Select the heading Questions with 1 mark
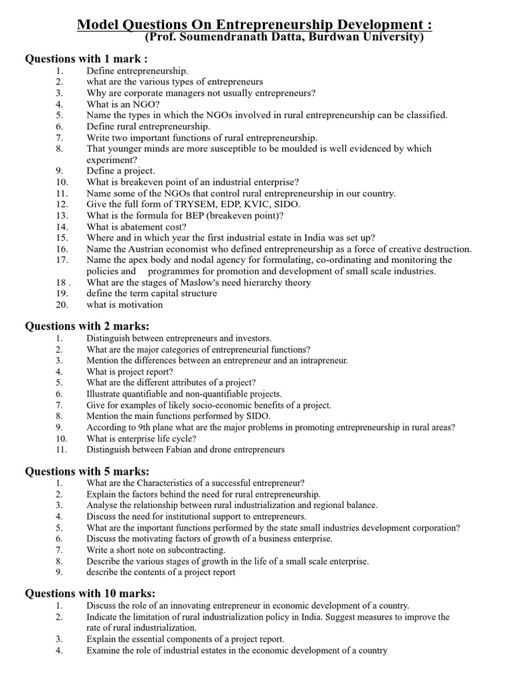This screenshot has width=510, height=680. [x=86, y=58]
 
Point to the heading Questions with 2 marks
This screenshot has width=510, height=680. [x=87, y=326]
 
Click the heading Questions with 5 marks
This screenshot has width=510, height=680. [x=87, y=471]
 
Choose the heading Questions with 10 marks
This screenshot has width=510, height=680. [x=90, y=594]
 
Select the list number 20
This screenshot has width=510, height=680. [x=62, y=305]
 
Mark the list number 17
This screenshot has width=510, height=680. [x=62, y=260]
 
